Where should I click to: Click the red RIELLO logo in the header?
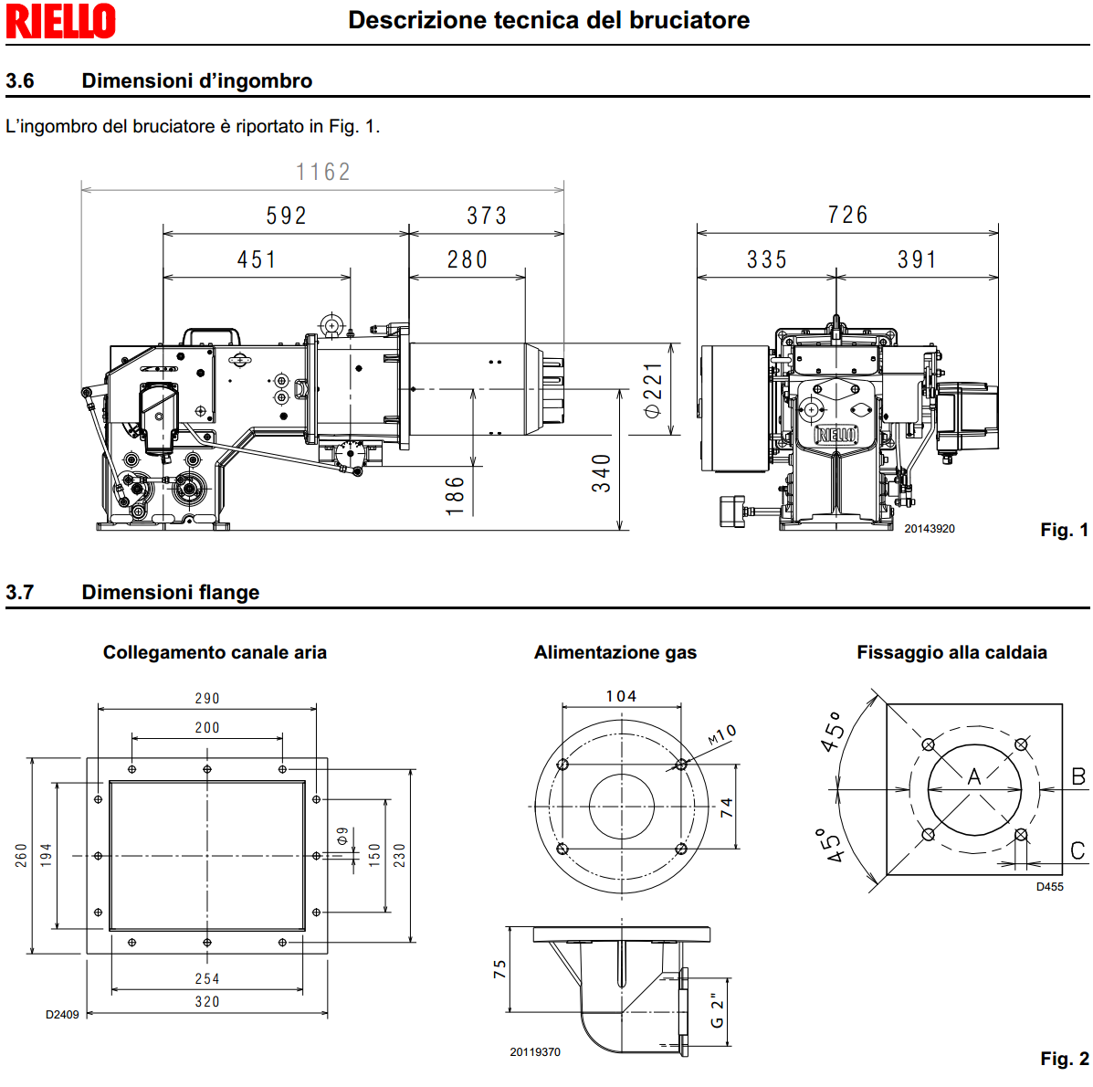[x=60, y=21]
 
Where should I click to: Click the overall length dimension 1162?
[x=323, y=172]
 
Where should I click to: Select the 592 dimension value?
[x=286, y=216]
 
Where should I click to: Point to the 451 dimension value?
[x=257, y=259]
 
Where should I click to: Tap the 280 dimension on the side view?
[x=468, y=259]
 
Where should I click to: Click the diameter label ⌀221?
[x=653, y=390]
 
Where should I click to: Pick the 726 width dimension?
[x=847, y=215]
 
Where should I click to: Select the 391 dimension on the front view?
[x=917, y=259]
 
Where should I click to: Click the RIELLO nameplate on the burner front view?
[x=836, y=435]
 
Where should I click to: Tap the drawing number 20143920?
[x=930, y=529]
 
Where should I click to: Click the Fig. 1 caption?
[x=1064, y=530]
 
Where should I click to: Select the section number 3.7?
[x=20, y=592]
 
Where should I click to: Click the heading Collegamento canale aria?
[x=215, y=652]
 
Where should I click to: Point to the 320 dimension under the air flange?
[x=207, y=1001]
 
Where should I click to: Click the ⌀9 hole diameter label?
[x=342, y=836]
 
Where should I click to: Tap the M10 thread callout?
[x=721, y=735]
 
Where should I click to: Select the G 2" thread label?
[x=718, y=1003]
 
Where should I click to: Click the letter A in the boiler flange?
[x=974, y=776]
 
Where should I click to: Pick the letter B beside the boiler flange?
[x=1078, y=776]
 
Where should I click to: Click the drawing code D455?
[x=1049, y=886]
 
